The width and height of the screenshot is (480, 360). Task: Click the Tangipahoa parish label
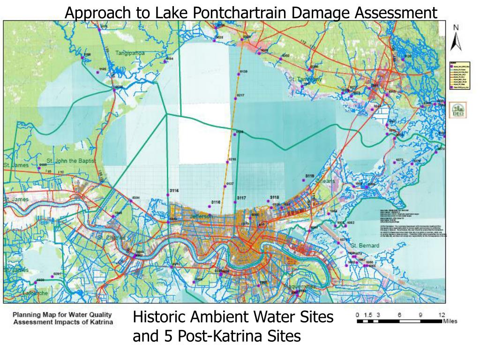(x=130, y=53)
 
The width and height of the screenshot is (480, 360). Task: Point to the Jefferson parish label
(x=201, y=217)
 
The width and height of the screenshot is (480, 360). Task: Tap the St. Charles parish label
(x=111, y=238)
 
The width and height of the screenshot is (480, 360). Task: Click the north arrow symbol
(x=456, y=41)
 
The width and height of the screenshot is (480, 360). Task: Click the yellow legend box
(x=456, y=75)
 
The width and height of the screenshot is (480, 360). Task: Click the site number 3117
(x=241, y=198)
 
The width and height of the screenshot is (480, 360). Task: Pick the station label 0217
(x=241, y=95)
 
